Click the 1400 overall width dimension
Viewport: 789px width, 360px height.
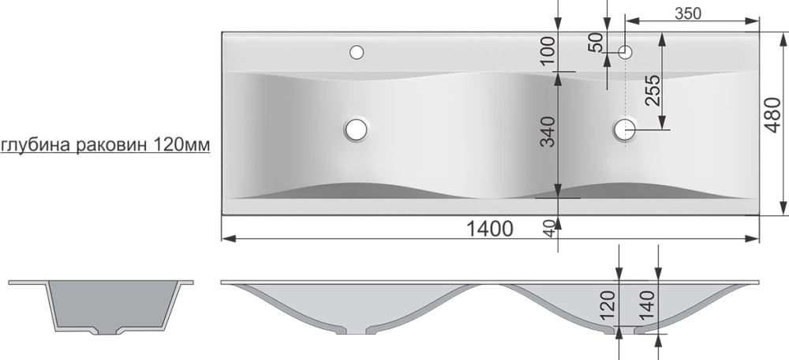tap(490, 229)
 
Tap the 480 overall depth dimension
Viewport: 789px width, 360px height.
tap(772, 115)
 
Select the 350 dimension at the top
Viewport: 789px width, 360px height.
tap(688, 13)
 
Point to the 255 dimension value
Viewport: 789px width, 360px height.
tap(653, 90)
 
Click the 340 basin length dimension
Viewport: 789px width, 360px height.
tap(548, 131)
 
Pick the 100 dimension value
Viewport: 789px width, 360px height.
tap(548, 50)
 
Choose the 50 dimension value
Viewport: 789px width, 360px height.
tap(596, 43)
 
